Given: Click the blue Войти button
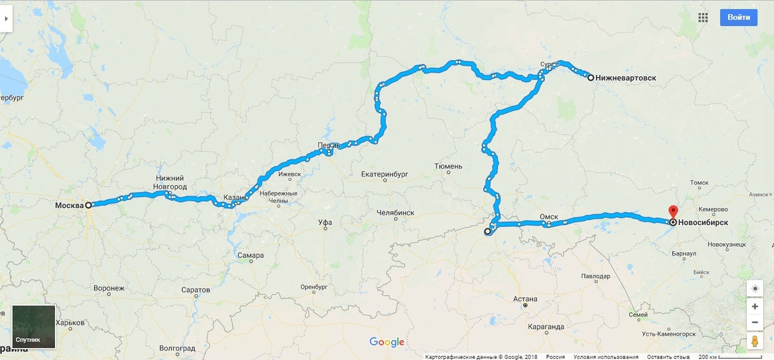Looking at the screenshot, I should (x=738, y=18).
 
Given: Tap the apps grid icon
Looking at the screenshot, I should (x=703, y=18).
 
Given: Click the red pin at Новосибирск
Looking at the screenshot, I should (x=673, y=212).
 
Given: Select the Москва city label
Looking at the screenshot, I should (x=69, y=206).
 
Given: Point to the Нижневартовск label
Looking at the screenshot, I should (x=625, y=78).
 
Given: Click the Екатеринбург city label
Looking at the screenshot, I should (x=385, y=174).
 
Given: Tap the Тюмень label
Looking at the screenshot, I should (x=448, y=166).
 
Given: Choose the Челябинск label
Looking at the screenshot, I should (x=395, y=213).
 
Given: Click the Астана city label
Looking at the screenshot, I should (x=524, y=299).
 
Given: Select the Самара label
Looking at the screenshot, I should (x=250, y=255).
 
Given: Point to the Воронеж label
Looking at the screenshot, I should (x=109, y=289).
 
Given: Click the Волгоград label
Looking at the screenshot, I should (x=177, y=349).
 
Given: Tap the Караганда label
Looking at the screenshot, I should (x=545, y=327).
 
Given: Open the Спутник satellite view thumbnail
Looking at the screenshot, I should (x=34, y=327).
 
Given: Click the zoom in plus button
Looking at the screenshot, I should (x=755, y=307).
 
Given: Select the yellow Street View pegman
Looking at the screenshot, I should (x=755, y=341).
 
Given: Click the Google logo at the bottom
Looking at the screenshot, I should (x=387, y=342).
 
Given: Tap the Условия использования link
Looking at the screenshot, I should (x=606, y=357).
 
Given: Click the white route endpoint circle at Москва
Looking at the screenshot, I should (x=88, y=205).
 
